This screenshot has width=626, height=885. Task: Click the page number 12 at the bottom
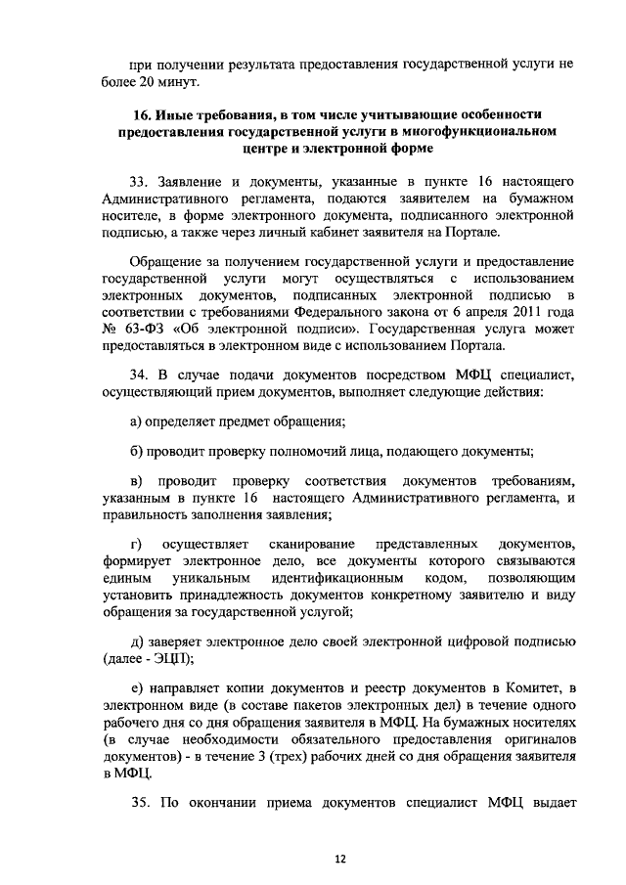339,859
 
